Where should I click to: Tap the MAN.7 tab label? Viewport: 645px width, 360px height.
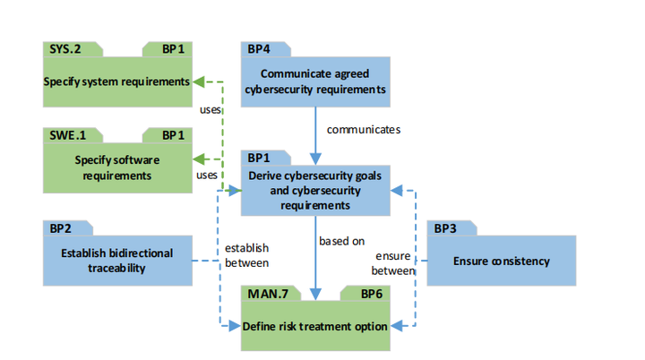point(262,293)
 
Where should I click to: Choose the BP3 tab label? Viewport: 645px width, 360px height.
point(445,228)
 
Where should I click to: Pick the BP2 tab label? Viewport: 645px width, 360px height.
point(60,228)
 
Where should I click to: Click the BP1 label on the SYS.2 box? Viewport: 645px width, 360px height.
point(175,49)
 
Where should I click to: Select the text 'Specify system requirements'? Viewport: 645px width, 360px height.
point(116,81)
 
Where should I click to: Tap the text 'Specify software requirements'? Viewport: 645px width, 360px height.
point(116,168)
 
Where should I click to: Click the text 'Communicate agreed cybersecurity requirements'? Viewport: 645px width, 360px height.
point(315,81)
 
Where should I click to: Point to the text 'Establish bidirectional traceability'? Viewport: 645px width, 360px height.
point(116,260)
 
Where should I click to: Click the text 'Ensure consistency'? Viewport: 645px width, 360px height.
point(501,261)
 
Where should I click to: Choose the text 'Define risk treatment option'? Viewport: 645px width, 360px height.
point(315,326)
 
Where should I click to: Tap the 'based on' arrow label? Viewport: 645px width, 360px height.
point(341,240)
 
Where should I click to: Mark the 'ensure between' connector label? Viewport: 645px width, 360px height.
point(392,262)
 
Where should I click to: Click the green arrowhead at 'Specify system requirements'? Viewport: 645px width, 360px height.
point(199,81)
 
